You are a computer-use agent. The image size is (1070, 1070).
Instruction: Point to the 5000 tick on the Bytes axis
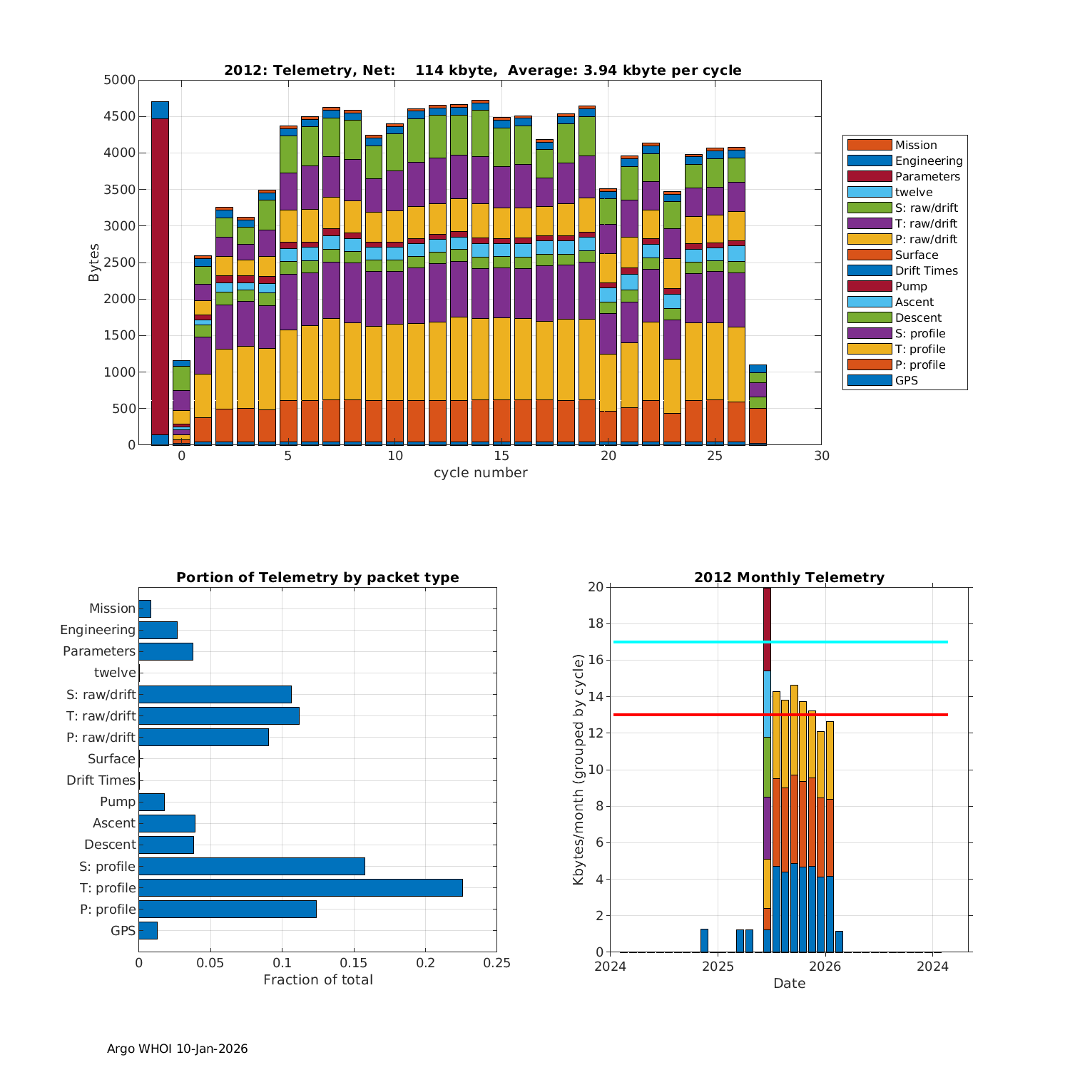point(119,80)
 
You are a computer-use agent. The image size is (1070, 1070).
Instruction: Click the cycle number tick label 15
point(501,456)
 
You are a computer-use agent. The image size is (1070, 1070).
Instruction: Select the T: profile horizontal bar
point(300,887)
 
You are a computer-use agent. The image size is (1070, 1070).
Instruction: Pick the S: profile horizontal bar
point(252,866)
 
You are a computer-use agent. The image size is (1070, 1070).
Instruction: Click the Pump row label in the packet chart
point(117,802)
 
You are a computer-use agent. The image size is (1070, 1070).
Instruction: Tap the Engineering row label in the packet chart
point(98,630)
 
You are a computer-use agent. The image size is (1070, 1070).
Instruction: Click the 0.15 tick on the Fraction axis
point(354,963)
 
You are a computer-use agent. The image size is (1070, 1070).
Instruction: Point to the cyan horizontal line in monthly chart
point(856,642)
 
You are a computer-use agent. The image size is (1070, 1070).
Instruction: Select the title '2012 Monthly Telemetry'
point(789,577)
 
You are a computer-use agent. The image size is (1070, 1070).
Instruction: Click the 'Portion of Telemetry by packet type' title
point(317,577)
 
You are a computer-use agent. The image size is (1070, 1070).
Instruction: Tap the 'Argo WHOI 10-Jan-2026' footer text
point(177,1049)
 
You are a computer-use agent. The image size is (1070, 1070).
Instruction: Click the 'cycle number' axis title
point(480,472)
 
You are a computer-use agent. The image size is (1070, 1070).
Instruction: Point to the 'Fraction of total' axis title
point(317,979)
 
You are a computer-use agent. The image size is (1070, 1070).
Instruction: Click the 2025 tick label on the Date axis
point(718,966)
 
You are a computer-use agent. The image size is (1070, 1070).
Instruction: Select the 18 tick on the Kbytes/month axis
point(596,623)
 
